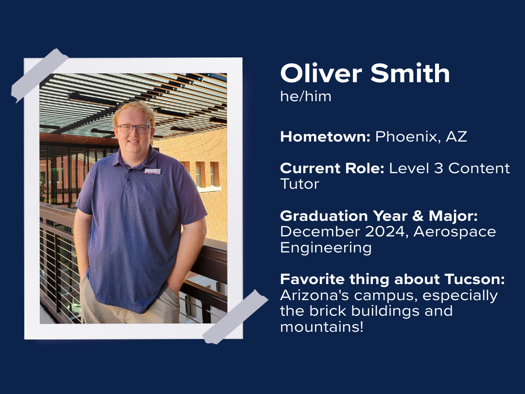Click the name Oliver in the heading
coord(322,73)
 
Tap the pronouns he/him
coord(305,96)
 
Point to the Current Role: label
coord(332,168)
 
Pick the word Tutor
coord(299,184)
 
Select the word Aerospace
coord(455,232)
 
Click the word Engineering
coord(326,248)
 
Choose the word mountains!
coord(322,327)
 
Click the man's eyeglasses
coord(133,129)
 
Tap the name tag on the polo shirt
coord(152,171)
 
